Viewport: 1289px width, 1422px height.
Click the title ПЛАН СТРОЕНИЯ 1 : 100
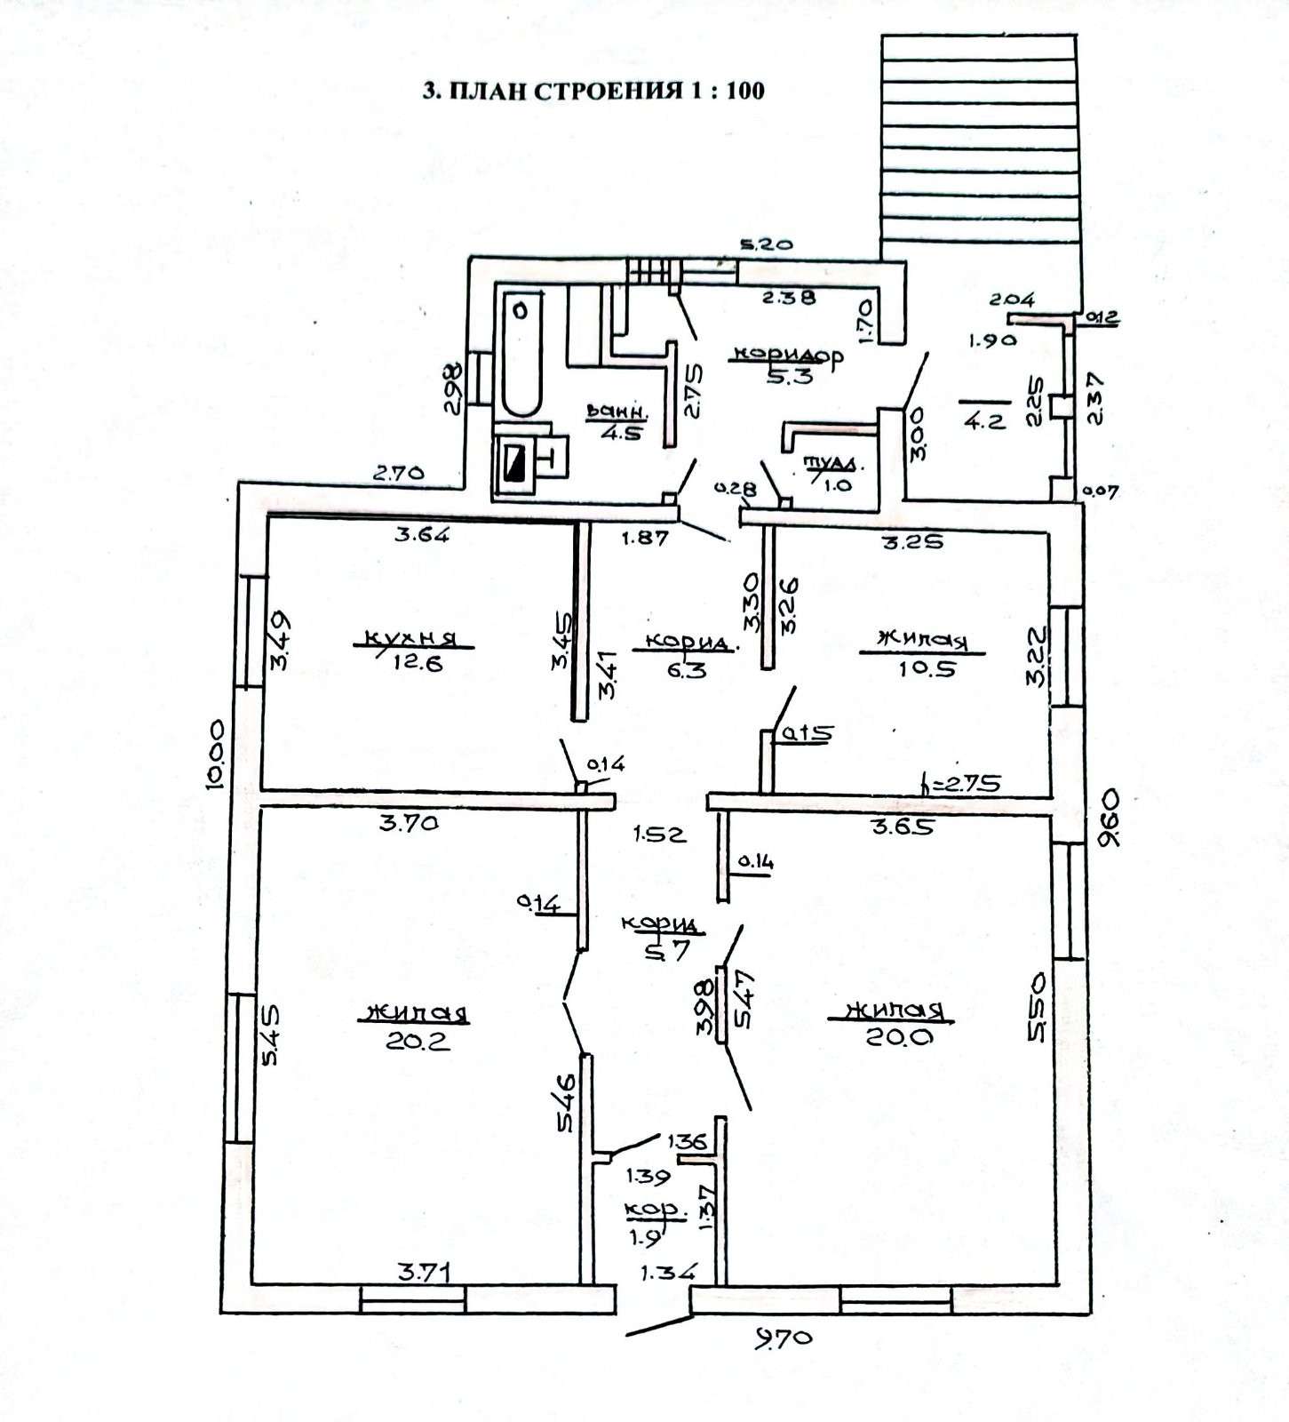coord(593,90)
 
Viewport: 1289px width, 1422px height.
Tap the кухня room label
coord(410,638)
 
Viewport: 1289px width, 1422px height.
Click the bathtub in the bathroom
coord(521,357)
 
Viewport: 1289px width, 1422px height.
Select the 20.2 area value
coord(418,1040)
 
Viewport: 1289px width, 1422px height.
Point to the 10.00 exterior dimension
coord(213,753)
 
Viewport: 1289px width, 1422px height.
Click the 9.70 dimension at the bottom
coord(784,1336)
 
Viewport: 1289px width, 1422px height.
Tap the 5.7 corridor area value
coord(666,951)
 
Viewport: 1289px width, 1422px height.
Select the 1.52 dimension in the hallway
coord(659,835)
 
